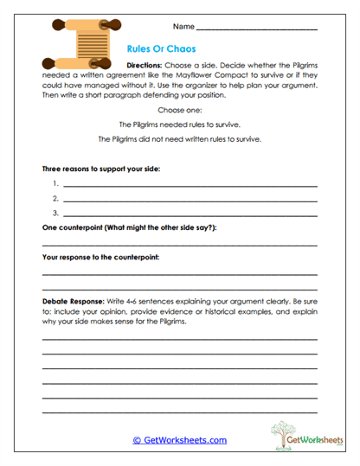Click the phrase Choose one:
coord(179,110)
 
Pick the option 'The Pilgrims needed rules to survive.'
coord(179,124)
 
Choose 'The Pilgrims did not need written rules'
coord(179,139)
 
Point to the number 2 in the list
coord(55,198)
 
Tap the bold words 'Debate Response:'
coord(73,300)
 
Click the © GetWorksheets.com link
coord(179,440)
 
